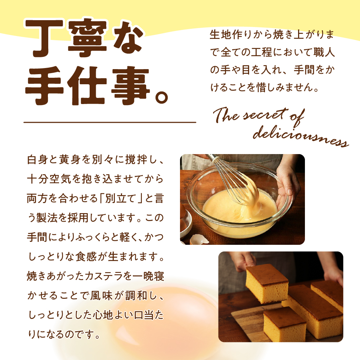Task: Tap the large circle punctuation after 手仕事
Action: (x=161, y=97)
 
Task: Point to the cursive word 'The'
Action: (x=226, y=114)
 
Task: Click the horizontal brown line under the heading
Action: (x=110, y=122)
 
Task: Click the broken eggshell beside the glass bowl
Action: (x=199, y=239)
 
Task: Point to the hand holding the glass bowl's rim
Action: (x=287, y=184)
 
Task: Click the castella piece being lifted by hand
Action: (x=267, y=284)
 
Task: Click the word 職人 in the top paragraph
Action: (x=324, y=52)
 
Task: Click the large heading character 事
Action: (x=130, y=86)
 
